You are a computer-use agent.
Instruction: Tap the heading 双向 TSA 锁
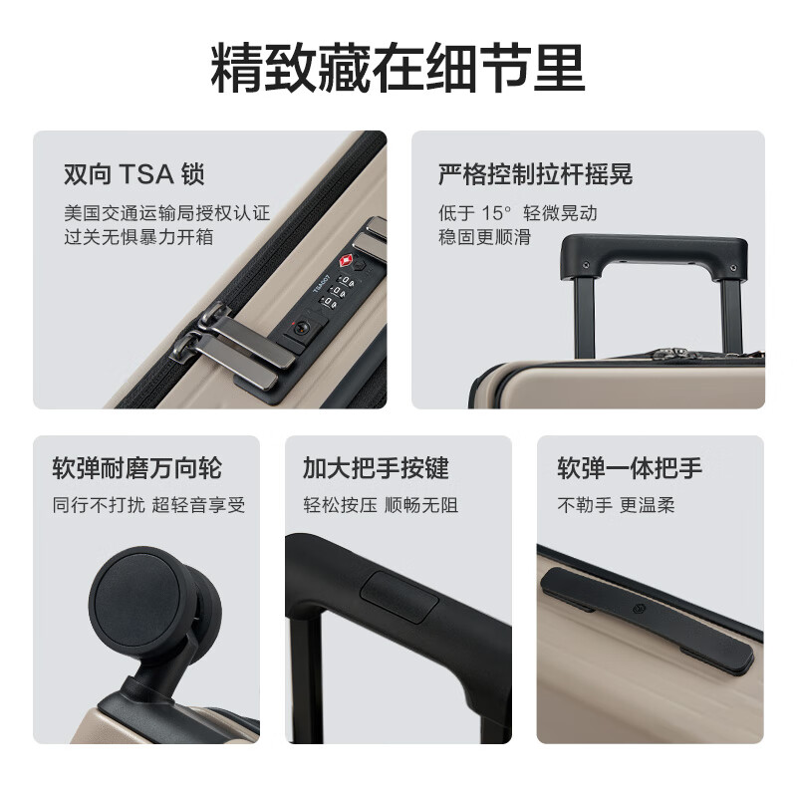[133, 175]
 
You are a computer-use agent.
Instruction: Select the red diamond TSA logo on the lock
[346, 261]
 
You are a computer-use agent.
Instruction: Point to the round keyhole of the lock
[300, 327]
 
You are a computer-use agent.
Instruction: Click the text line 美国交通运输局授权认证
[166, 213]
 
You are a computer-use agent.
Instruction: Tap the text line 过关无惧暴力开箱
[138, 237]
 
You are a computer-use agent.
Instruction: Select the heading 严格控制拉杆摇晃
[535, 175]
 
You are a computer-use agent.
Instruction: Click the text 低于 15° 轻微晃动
[517, 213]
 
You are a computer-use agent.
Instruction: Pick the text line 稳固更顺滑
[485, 237]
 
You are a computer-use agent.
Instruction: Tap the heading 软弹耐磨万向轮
[136, 468]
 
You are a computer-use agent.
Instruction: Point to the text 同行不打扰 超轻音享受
[148, 505]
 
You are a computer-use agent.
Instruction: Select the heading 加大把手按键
[376, 468]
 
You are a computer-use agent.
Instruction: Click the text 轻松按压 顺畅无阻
[381, 505]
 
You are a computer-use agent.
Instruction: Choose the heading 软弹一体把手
[629, 468]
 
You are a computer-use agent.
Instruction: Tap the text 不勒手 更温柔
[616, 505]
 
